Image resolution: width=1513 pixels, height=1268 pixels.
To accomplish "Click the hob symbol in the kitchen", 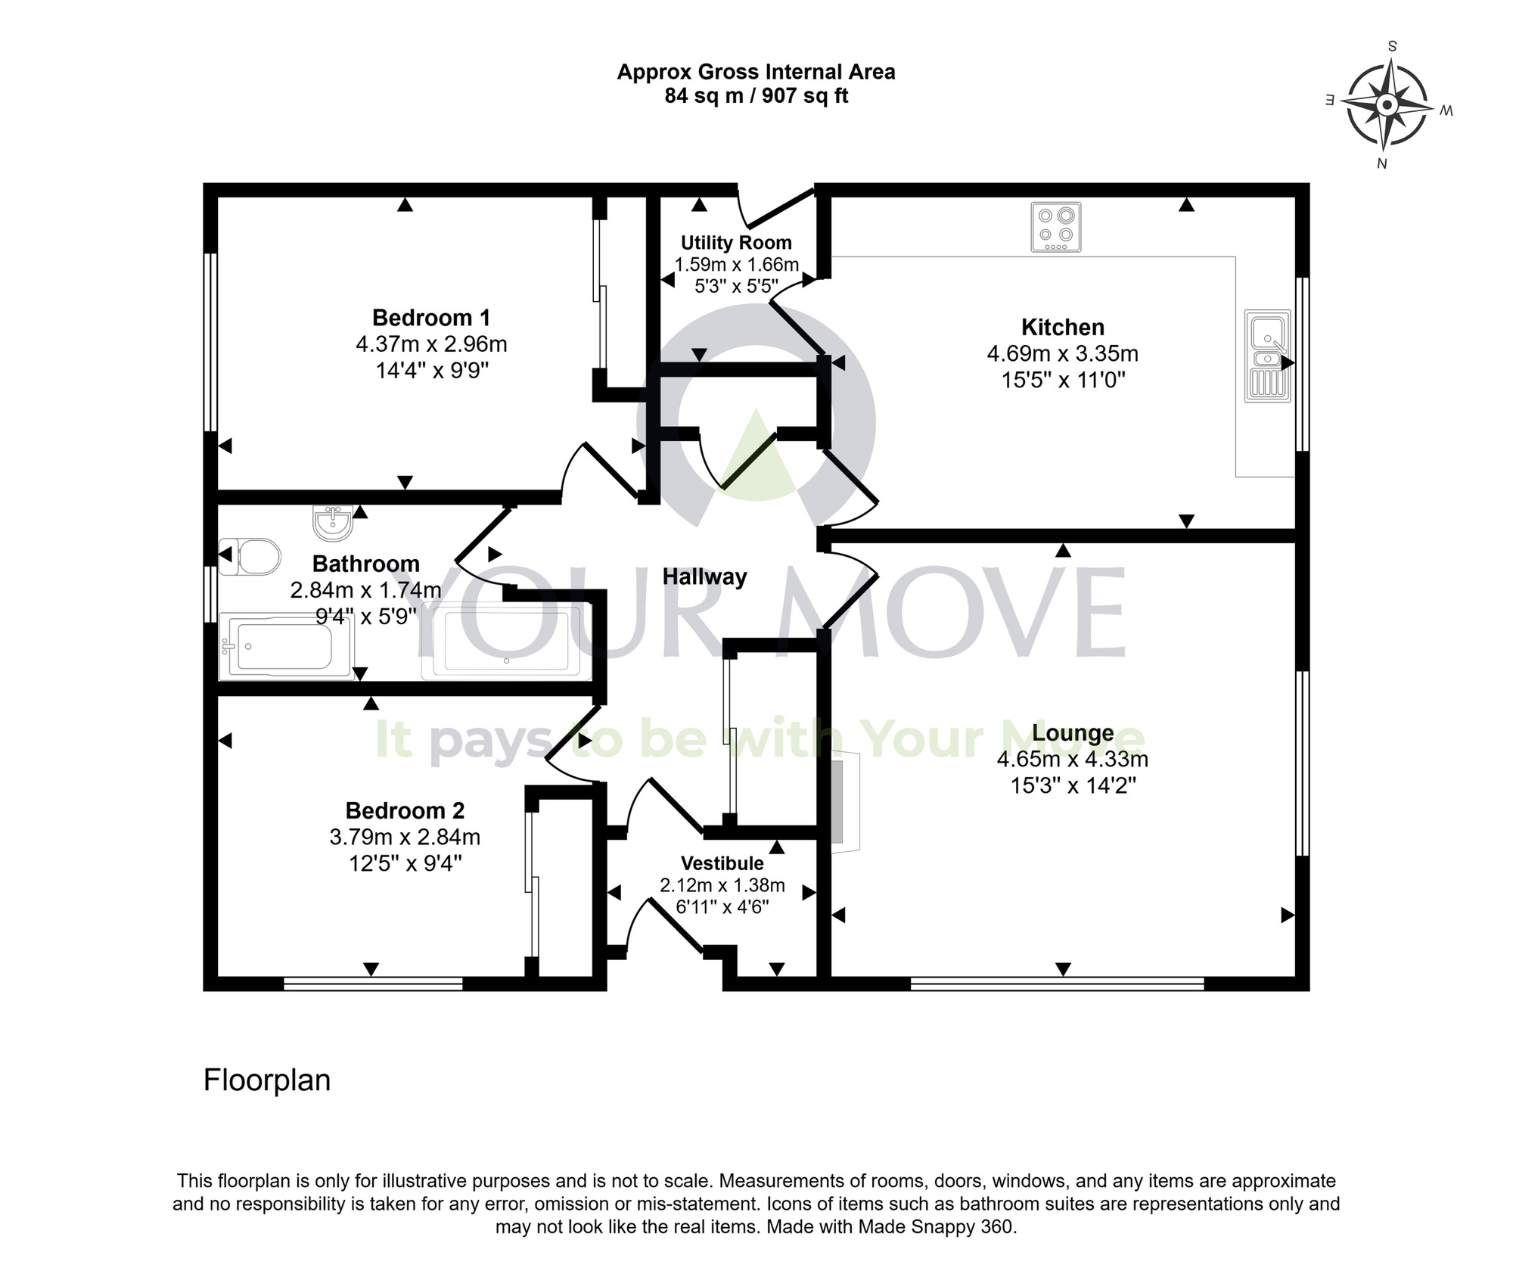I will (x=1056, y=227).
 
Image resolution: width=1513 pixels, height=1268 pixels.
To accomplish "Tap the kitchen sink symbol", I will (x=1268, y=356).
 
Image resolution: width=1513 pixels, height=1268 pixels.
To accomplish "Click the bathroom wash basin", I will (x=333, y=523).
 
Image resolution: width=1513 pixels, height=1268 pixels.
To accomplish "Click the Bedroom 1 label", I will (x=431, y=317).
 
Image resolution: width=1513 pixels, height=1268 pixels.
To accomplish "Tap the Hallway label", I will (x=704, y=577).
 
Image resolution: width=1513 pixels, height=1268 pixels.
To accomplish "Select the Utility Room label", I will (x=736, y=243).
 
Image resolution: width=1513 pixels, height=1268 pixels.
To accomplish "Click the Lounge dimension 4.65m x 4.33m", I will (x=1072, y=759).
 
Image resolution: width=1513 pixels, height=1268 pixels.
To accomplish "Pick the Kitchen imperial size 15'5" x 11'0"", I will (x=1063, y=380).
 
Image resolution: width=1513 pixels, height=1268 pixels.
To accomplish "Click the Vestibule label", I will (x=722, y=863).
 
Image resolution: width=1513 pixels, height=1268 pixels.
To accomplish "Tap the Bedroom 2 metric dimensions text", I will (x=405, y=837).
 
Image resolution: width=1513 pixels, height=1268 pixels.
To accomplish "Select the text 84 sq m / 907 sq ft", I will (x=756, y=97).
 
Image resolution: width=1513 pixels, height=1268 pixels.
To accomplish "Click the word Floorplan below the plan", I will (x=267, y=1080).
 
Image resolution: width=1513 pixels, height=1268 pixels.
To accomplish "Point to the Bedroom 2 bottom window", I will (x=373, y=984).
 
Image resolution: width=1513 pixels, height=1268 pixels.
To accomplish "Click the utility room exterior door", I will (x=779, y=206).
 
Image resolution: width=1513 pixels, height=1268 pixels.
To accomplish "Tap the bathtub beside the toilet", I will (x=284, y=647).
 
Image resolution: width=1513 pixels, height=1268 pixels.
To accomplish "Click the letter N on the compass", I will (x=1381, y=163).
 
